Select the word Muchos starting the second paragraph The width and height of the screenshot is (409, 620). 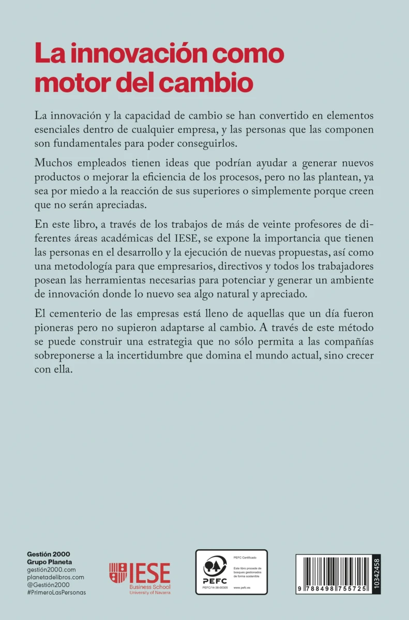tap(53, 163)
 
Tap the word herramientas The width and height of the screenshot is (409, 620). tap(144, 281)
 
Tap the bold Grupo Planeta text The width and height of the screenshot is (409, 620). tap(50, 562)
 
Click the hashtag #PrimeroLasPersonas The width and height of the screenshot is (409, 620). tap(56, 592)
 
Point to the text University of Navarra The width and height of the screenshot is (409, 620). tap(150, 593)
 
